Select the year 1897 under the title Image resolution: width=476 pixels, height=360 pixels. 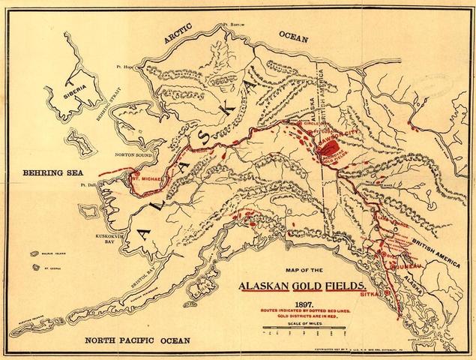pos(304,304)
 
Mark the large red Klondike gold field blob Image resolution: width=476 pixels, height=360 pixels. pos(327,151)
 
